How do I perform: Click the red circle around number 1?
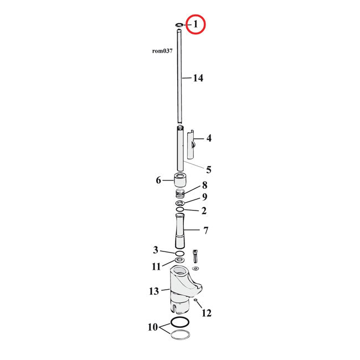click(196, 24)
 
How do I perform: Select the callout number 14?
click(198, 78)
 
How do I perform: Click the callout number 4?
click(208, 138)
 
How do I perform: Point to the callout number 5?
click(208, 169)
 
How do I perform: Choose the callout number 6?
click(158, 180)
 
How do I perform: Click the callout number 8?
click(204, 185)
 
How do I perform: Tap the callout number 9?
click(204, 197)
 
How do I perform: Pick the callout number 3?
click(156, 250)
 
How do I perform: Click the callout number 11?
click(156, 266)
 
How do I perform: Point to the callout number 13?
click(154, 291)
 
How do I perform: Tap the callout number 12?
click(206, 313)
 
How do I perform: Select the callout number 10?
click(152, 327)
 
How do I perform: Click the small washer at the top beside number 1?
click(179, 25)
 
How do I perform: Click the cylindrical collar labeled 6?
click(180, 181)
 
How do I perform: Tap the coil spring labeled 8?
click(180, 194)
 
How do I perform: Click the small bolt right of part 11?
click(195, 258)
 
